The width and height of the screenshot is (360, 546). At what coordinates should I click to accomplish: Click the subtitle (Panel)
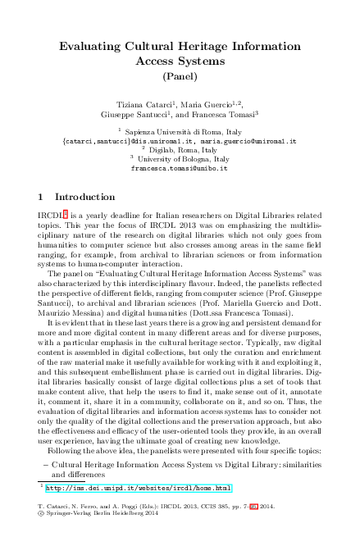(180, 77)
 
